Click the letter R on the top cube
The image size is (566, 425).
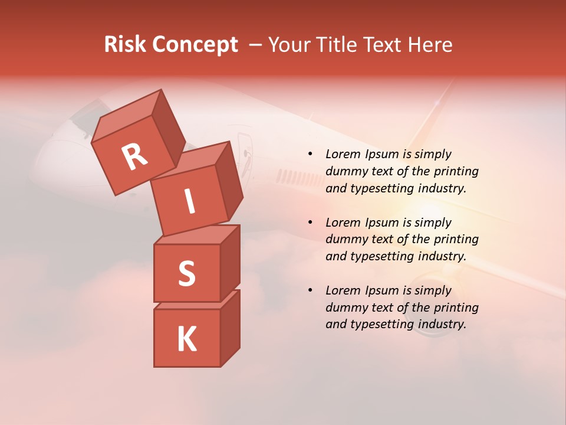[x=134, y=157]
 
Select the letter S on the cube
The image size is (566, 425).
[x=186, y=273]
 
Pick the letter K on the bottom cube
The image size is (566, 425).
[x=186, y=339]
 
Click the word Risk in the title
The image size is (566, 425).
[x=126, y=44]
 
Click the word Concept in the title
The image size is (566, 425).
[x=195, y=44]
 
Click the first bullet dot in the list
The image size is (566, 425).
[x=310, y=155]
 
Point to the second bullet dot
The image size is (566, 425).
[x=310, y=223]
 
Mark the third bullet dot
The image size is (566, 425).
[x=310, y=291]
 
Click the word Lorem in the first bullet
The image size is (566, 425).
[x=341, y=155]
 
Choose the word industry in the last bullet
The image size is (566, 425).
[x=442, y=324]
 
